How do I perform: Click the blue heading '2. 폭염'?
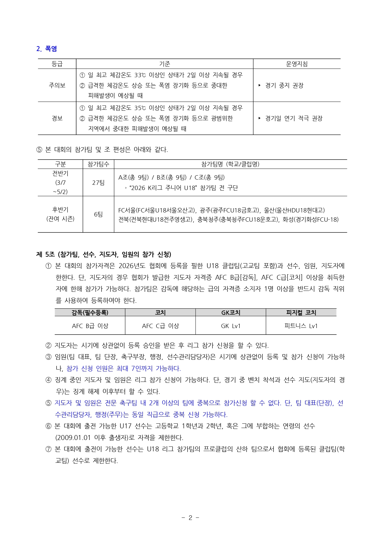47,49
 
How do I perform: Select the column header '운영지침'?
297,64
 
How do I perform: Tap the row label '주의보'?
57,85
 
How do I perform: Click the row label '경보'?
57,118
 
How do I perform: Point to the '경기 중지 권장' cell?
284,85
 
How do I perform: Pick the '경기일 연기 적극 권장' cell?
293,118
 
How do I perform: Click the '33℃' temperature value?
140,75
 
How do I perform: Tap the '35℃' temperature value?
140,108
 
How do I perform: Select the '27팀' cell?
98,183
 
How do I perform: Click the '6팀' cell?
98,214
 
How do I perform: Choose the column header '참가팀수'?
98,164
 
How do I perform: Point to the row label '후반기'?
60,210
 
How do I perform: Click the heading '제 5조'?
45,254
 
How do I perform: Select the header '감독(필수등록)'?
90,313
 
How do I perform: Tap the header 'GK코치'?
231,313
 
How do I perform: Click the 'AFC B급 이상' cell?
90,326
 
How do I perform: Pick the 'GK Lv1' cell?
231,326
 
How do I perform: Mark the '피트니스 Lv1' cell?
301,326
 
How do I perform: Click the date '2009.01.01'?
73,438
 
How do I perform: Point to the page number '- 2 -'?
190,518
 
